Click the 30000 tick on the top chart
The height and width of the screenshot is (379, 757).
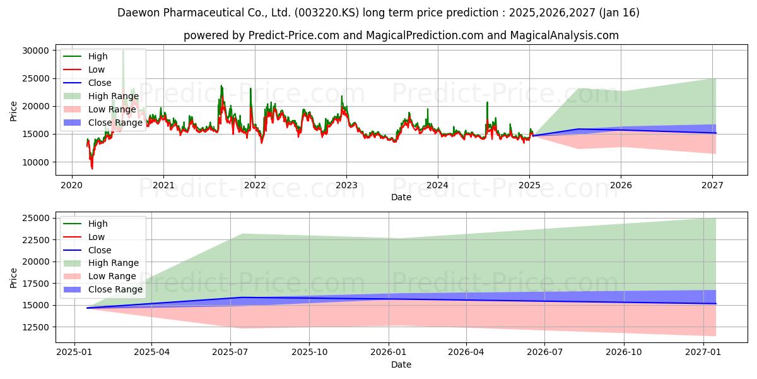tap(35, 51)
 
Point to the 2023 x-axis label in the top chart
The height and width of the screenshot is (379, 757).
tap(346, 186)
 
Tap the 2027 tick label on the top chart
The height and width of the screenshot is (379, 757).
tap(712, 186)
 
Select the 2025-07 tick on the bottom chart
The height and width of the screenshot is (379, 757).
tap(230, 352)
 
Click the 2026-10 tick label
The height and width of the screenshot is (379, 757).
tap(624, 352)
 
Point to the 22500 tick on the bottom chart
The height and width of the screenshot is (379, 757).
tap(35, 240)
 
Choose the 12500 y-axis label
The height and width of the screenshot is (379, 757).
tap(35, 328)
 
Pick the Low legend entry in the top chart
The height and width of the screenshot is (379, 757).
tap(84, 69)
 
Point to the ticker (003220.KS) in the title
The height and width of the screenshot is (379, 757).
tap(327, 13)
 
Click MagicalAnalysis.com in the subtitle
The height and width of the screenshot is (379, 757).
tap(565, 35)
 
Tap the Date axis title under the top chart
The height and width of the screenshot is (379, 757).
tap(401, 197)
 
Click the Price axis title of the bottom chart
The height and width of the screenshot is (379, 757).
tap(13, 278)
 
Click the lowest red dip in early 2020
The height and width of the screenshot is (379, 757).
tap(92, 168)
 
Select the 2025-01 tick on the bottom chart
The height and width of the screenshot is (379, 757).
tap(74, 352)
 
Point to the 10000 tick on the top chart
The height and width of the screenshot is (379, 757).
tap(35, 163)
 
